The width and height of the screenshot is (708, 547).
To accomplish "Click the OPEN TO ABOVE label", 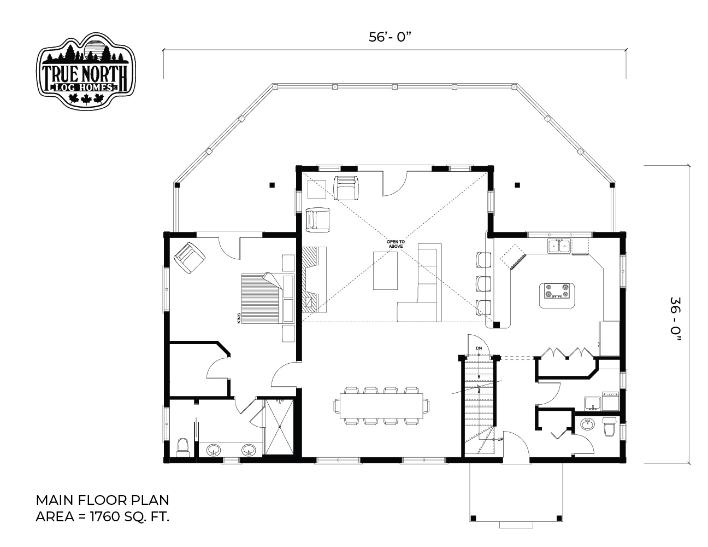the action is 396,244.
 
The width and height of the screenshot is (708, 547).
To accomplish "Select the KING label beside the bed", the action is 239,318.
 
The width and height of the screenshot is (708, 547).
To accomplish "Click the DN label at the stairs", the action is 479,348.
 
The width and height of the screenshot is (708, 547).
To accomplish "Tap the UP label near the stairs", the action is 500,439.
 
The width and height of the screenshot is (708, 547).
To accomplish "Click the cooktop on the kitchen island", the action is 557,291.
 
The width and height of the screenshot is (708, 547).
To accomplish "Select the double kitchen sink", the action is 559,246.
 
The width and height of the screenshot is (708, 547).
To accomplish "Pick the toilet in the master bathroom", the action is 183,447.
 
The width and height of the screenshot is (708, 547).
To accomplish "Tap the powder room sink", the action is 587,424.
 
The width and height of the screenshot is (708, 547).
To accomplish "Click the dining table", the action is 381,406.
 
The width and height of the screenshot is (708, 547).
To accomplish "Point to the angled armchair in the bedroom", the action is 190,258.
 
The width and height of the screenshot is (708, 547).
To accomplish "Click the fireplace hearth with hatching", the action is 310,280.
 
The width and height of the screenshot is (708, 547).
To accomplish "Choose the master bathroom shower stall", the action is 280,426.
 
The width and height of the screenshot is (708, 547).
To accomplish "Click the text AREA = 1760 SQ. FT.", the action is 102,517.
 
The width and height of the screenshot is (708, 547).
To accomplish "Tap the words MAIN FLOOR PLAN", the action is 102,500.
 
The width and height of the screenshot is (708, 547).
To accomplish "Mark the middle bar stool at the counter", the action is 483,283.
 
